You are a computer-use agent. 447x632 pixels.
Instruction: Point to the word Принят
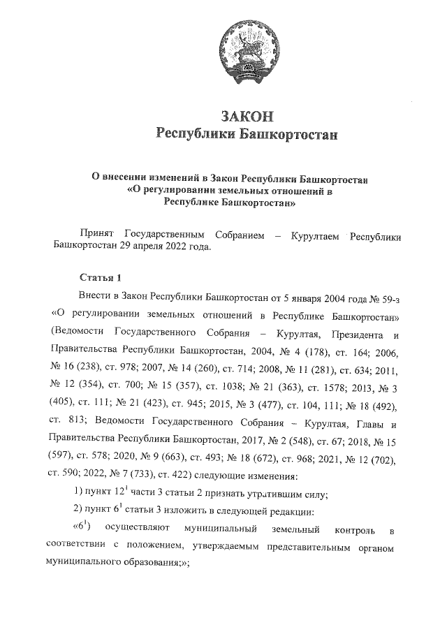(98, 237)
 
